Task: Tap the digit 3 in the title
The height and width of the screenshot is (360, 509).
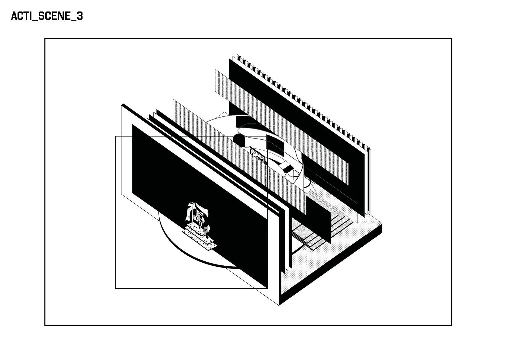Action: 79,16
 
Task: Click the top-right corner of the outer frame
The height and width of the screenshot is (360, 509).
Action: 452,38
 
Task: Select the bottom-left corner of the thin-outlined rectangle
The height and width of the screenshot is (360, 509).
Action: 115,288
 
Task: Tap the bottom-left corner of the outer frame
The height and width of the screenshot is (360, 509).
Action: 45,325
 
